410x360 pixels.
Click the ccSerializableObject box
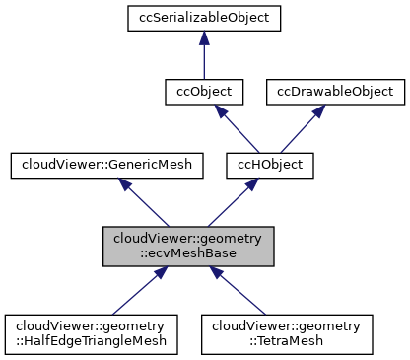click(x=202, y=17)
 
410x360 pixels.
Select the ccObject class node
click(x=202, y=92)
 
